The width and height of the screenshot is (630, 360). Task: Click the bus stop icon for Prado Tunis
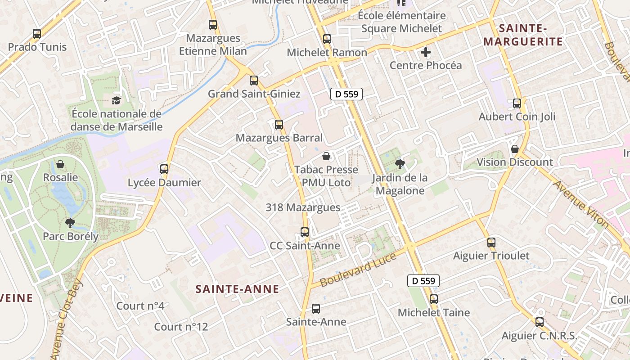pos(37,33)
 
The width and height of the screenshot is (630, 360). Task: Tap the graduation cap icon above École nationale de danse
pos(117,100)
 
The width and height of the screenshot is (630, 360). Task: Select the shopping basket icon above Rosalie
pos(60,164)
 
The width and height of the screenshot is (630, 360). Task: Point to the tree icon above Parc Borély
pos(70,222)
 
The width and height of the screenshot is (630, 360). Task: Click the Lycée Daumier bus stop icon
pos(164,169)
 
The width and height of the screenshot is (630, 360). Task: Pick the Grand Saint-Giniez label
pos(254,94)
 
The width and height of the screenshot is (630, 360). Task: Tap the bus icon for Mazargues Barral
pos(279,124)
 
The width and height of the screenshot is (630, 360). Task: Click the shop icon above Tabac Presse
pos(326,156)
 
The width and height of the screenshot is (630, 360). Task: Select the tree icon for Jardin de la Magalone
pos(399,164)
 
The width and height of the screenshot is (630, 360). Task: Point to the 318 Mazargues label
pos(303,207)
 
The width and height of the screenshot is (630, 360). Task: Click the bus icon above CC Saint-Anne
pos(305,232)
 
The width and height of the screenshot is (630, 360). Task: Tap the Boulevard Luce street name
pos(358,270)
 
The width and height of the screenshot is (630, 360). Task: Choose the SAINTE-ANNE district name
pos(237,289)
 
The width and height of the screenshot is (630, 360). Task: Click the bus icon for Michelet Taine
pos(434,299)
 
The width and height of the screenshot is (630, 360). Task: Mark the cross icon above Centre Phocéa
pos(426,52)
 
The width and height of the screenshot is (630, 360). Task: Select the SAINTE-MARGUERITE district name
pos(523,35)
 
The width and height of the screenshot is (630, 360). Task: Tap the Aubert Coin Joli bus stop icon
pos(517,103)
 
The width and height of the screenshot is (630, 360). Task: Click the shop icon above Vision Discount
pos(515,149)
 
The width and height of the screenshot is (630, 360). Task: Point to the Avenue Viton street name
pos(580,204)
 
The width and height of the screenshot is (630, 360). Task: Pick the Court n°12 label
pos(181,327)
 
